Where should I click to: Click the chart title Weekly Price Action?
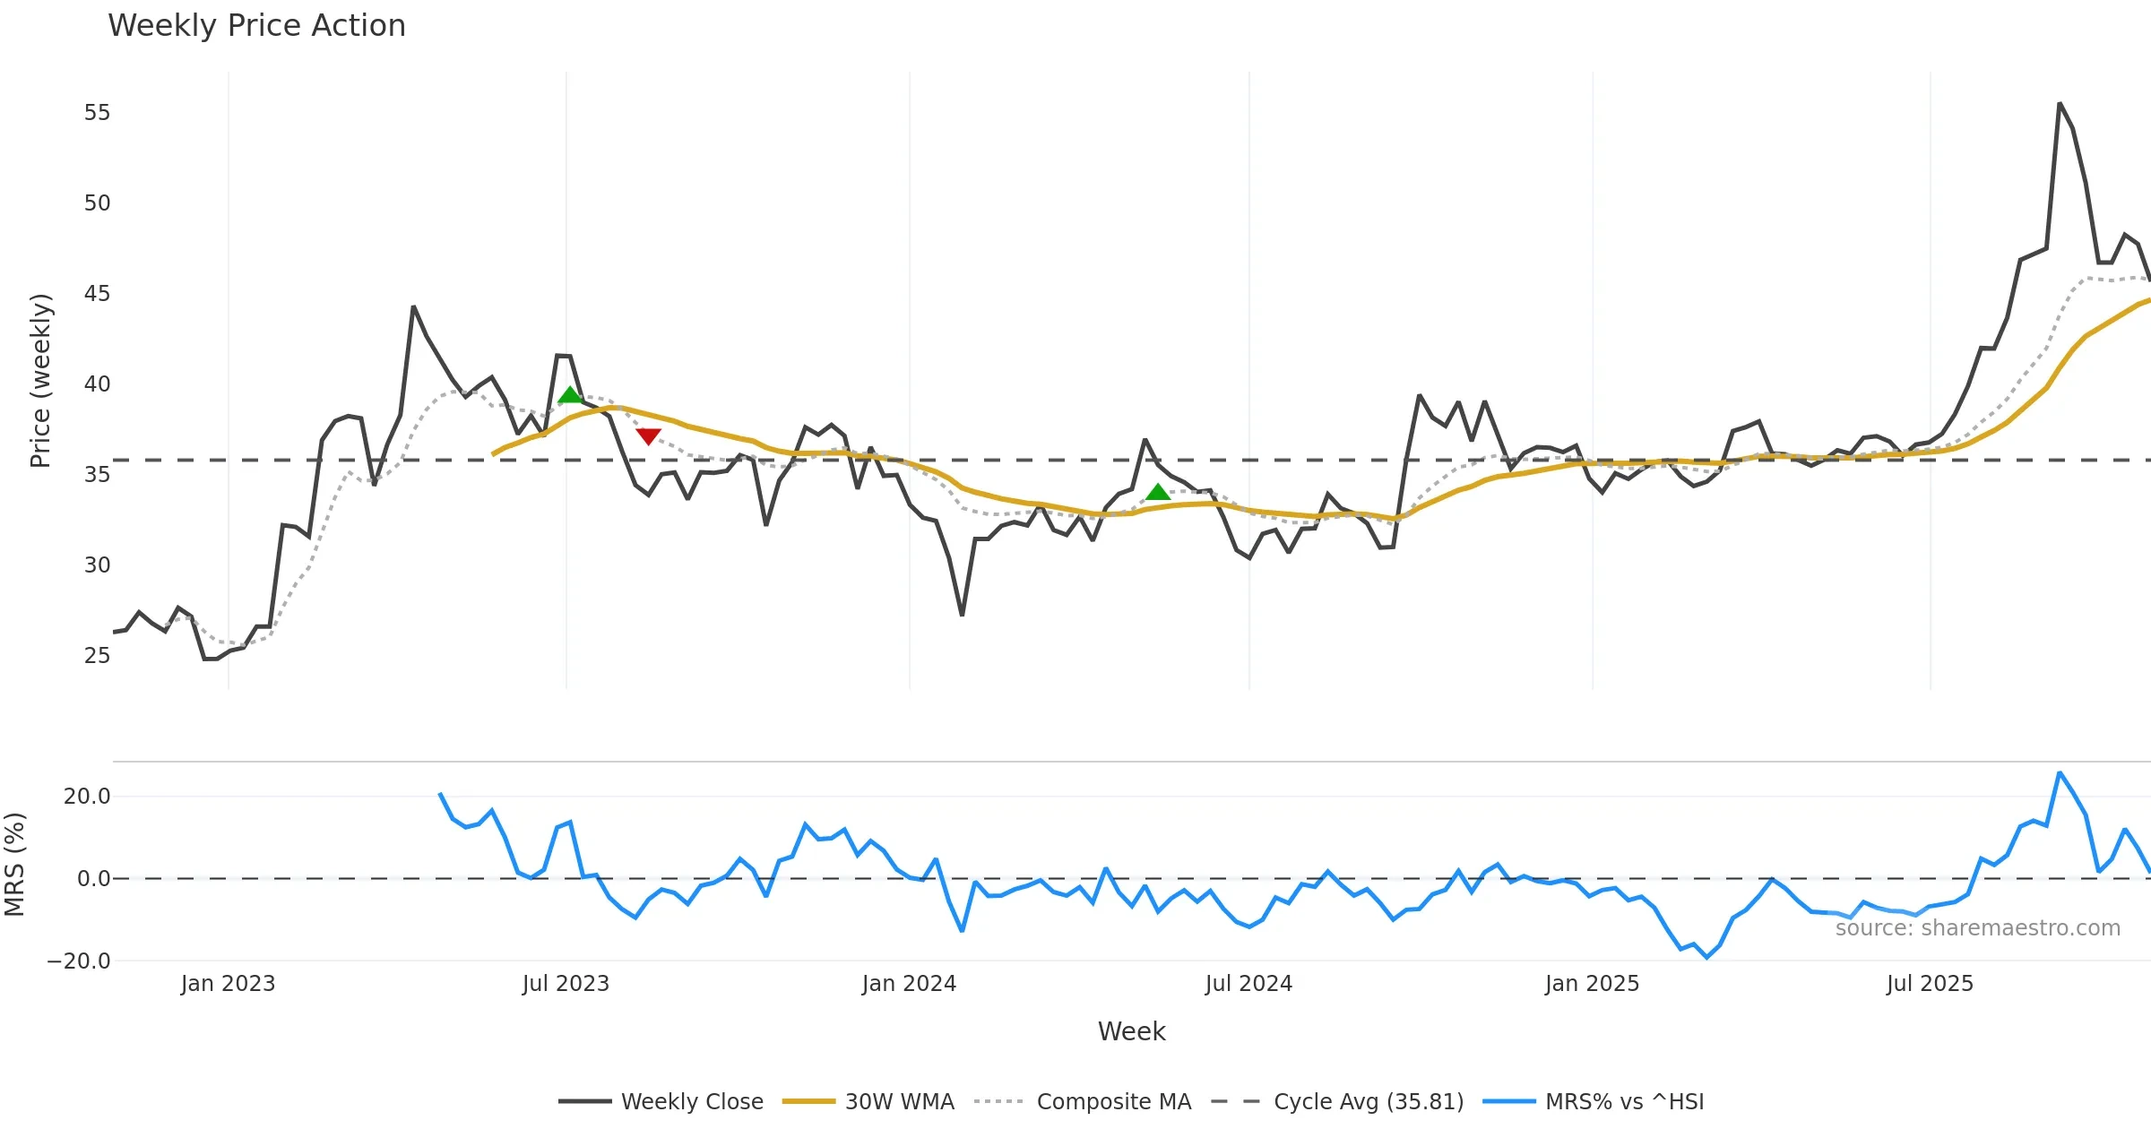(x=256, y=26)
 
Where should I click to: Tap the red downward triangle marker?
(x=648, y=436)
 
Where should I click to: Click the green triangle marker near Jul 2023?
(x=569, y=395)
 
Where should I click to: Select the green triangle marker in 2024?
(x=1158, y=492)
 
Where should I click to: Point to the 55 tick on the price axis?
(x=97, y=113)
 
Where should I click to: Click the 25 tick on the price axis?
(x=97, y=656)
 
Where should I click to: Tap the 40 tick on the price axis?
(x=97, y=384)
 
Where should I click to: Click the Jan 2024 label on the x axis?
(x=909, y=984)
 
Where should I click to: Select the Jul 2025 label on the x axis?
(x=1930, y=984)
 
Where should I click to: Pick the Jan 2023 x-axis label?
(x=228, y=984)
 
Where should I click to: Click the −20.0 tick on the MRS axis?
(x=79, y=961)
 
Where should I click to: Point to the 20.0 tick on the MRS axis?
(x=87, y=797)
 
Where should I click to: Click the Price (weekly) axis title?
(x=40, y=381)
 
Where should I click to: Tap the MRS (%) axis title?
(x=14, y=864)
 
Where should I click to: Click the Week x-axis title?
(x=1131, y=1032)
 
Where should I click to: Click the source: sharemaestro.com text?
(x=1977, y=928)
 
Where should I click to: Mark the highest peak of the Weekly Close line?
(x=2060, y=104)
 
